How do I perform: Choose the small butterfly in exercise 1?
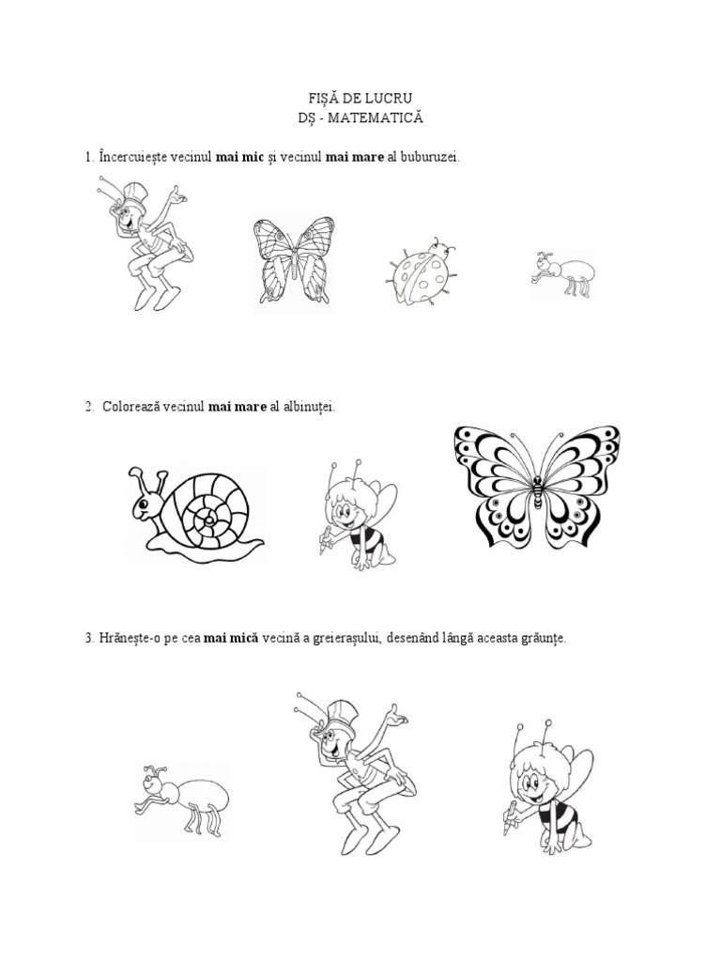(294, 258)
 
